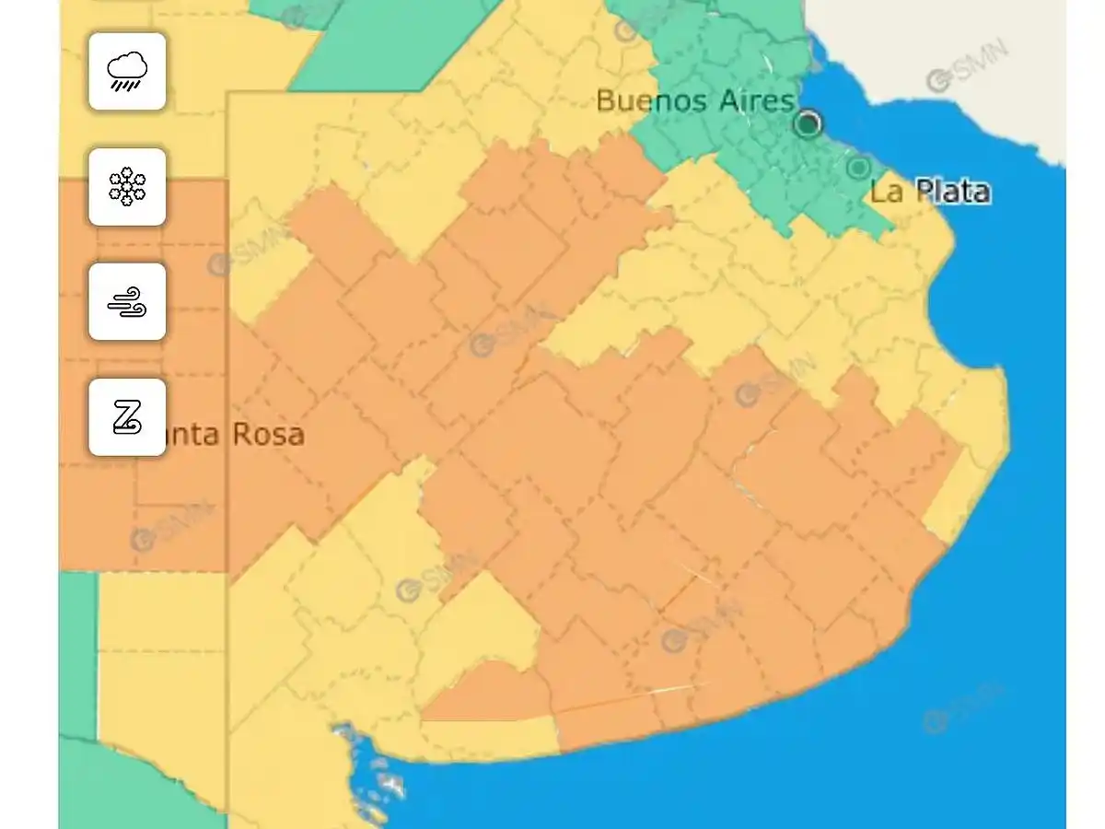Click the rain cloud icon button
(x=127, y=71)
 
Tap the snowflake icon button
(x=127, y=186)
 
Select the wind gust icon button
(x=127, y=301)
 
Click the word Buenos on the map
(x=642, y=100)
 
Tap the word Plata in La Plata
(x=949, y=192)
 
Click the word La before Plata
(x=887, y=192)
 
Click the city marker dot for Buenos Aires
(x=808, y=123)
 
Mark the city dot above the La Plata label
(x=858, y=168)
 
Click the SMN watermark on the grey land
(x=967, y=66)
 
